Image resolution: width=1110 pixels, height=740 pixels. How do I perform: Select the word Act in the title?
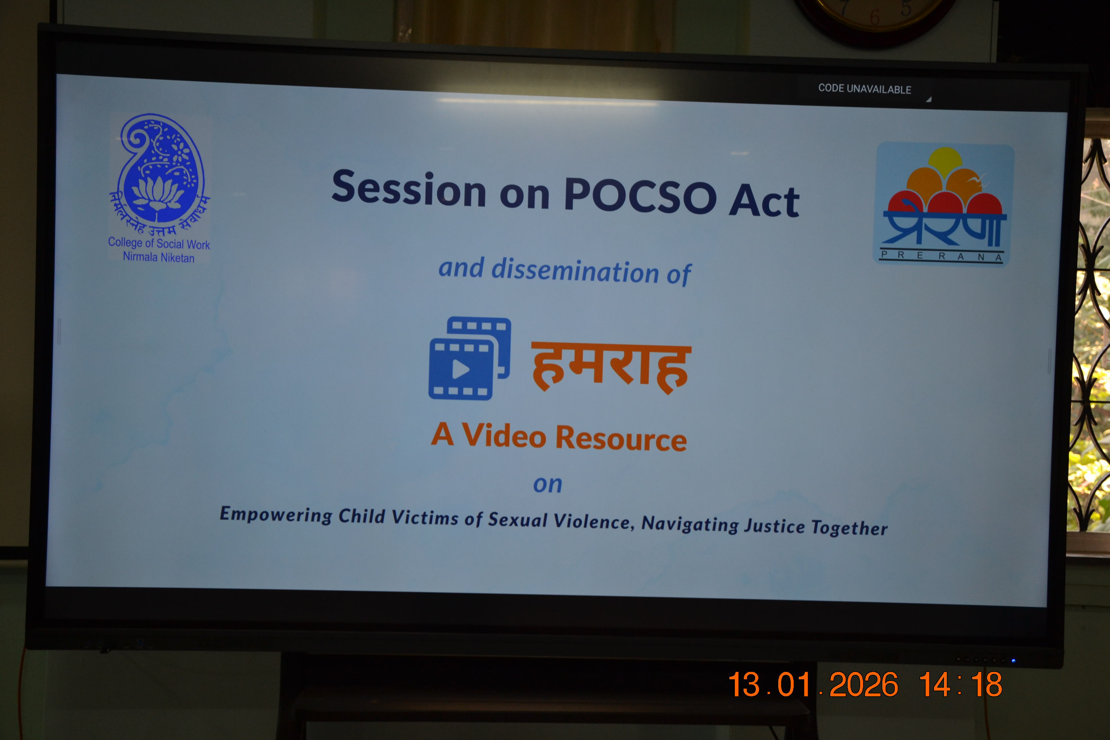click(x=764, y=200)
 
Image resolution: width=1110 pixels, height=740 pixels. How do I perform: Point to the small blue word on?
click(x=547, y=485)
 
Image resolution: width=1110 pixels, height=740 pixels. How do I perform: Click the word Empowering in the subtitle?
click(x=276, y=515)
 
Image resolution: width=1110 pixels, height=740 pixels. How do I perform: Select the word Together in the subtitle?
click(x=849, y=528)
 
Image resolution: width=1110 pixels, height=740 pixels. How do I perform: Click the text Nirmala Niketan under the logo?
click(x=159, y=257)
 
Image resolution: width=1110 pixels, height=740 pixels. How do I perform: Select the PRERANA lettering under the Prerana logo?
click(x=941, y=256)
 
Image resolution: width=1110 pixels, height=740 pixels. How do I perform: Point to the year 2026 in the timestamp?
click(x=864, y=685)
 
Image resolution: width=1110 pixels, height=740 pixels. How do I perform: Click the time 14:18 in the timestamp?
click(x=960, y=685)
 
